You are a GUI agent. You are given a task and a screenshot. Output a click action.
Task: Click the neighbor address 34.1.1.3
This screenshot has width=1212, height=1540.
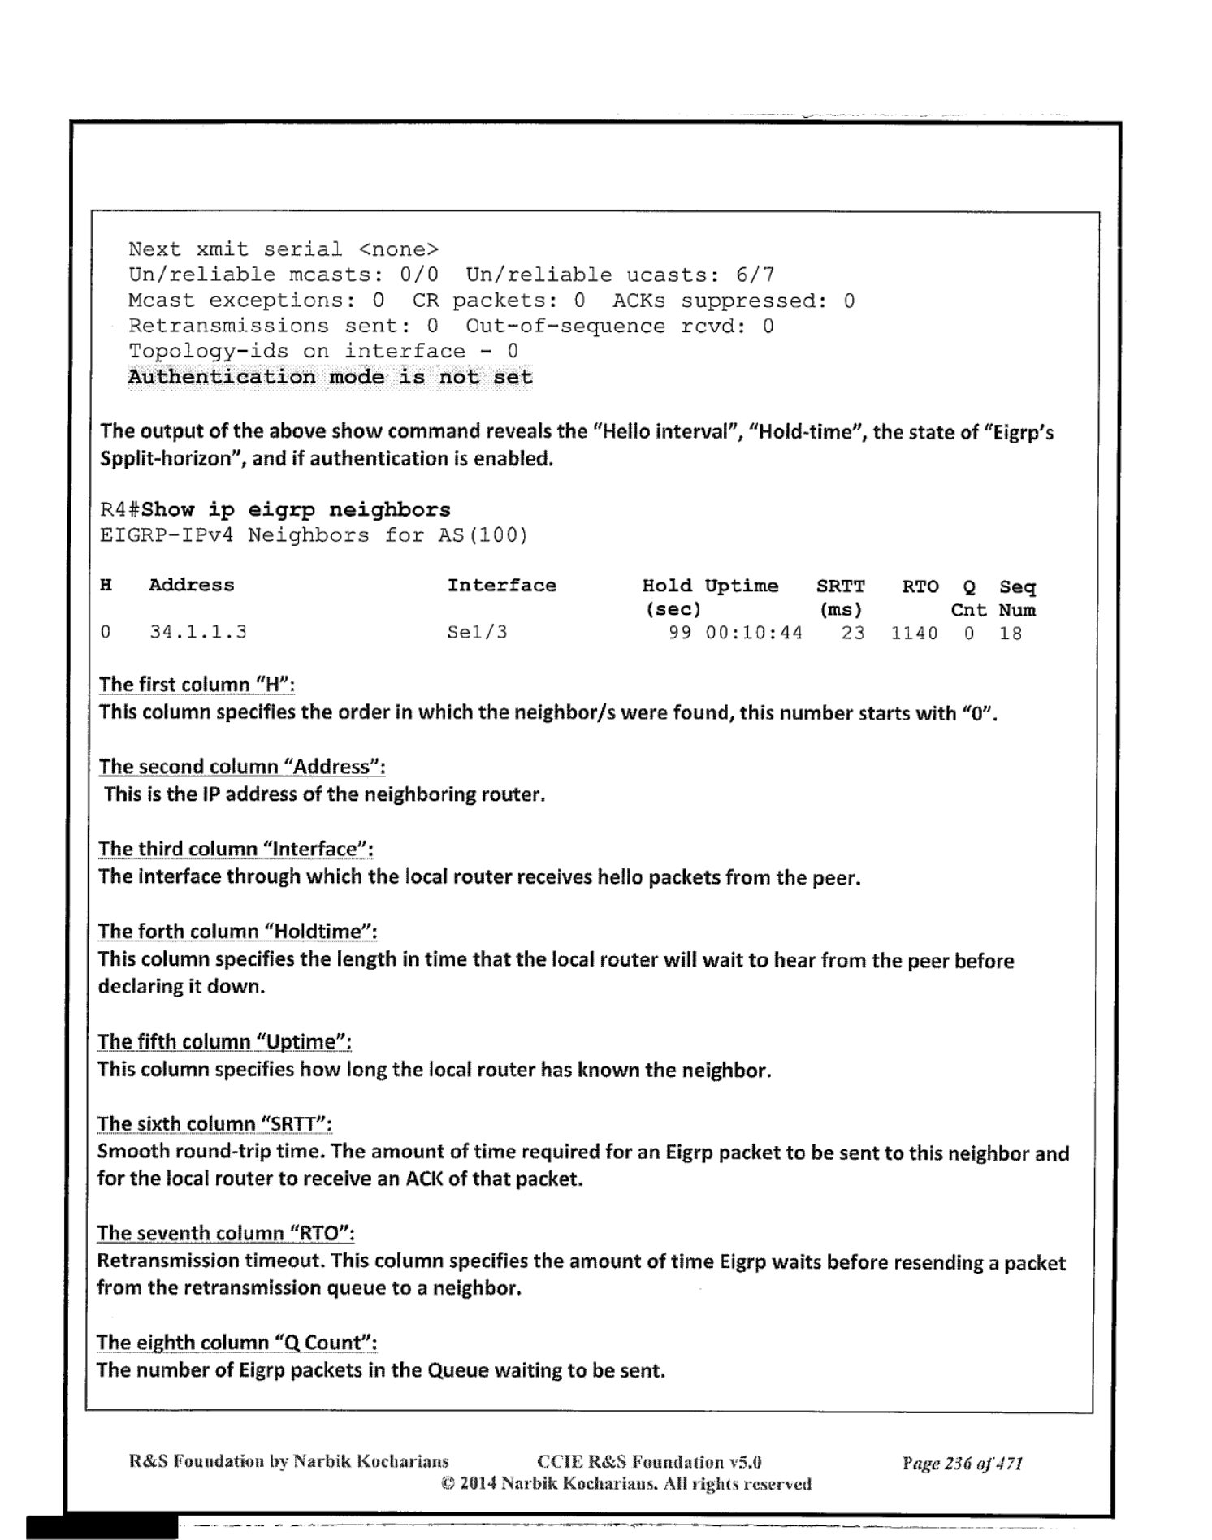tap(197, 632)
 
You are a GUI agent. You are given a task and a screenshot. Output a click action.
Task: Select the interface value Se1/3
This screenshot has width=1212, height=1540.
tap(477, 632)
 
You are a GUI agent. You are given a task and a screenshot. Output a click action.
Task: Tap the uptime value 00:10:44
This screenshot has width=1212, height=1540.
tap(753, 633)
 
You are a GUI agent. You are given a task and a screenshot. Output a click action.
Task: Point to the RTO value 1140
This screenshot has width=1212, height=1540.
tap(914, 634)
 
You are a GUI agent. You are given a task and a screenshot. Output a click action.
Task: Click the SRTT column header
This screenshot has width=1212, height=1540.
tap(840, 586)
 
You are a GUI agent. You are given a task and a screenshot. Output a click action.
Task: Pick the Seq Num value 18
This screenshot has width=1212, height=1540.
tap(1010, 634)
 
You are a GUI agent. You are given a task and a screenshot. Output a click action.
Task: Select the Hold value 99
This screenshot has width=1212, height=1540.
tap(680, 633)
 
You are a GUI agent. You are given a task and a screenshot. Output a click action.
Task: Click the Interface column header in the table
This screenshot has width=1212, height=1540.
tap(501, 586)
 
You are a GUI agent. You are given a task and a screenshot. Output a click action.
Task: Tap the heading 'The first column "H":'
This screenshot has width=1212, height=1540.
tap(196, 685)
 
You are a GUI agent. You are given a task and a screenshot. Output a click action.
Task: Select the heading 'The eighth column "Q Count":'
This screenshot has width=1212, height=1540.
tap(236, 1343)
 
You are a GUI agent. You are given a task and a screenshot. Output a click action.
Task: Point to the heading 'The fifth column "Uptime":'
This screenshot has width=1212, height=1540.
tap(224, 1042)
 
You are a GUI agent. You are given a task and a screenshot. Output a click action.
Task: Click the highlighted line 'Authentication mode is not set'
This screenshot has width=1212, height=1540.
tap(330, 378)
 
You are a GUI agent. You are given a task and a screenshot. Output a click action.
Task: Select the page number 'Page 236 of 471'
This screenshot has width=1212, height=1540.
tap(962, 1463)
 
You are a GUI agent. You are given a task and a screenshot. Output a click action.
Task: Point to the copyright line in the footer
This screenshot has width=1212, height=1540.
tap(625, 1484)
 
